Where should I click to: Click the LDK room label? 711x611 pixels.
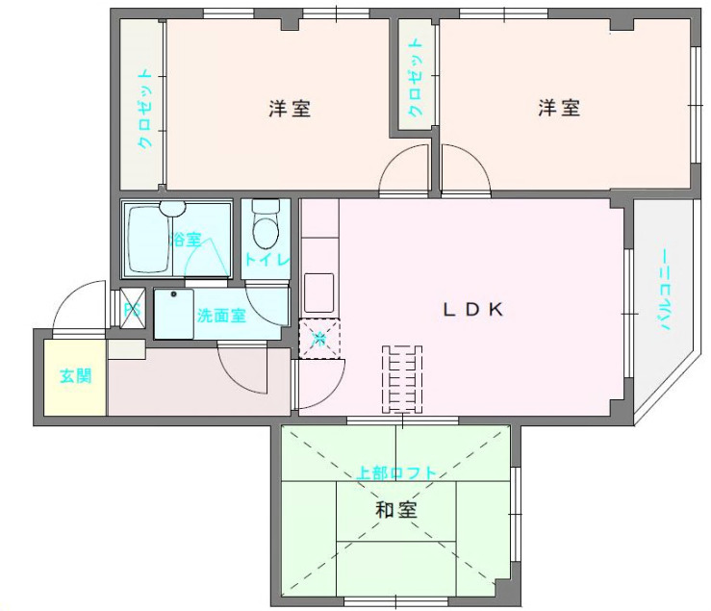tap(472, 310)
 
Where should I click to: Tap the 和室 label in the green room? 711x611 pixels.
tap(396, 510)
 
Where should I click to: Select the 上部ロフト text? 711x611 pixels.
tap(396, 473)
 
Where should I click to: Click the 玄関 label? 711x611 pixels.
tap(75, 375)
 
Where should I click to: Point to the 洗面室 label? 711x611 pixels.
tap(221, 316)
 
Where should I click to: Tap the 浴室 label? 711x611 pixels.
tap(186, 240)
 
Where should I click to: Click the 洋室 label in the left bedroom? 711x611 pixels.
tap(289, 109)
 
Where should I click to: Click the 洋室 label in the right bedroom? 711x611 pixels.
tap(558, 109)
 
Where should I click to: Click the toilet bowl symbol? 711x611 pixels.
tap(264, 227)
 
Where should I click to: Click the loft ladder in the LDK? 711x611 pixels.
tap(403, 377)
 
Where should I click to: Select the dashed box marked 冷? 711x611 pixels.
tap(320, 337)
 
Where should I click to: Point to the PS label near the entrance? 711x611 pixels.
tap(133, 310)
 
